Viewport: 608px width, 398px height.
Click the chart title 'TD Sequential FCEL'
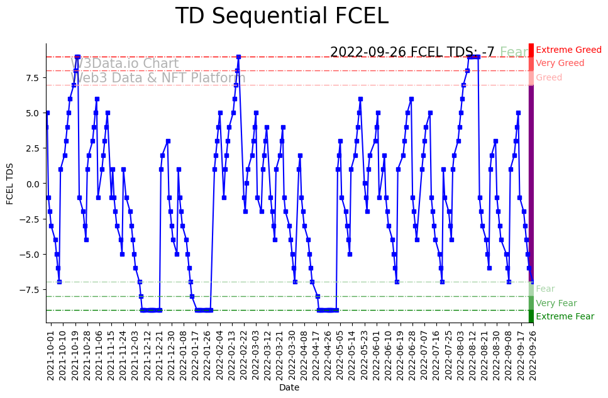coord(282,16)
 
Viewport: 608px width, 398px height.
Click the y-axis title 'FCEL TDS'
coord(10,183)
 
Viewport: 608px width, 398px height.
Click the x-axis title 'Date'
coord(289,388)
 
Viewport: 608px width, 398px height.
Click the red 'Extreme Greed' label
coord(568,50)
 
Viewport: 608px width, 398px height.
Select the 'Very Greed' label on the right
coord(560,64)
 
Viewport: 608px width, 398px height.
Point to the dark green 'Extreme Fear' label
coord(565,317)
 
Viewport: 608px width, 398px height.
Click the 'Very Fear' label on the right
coord(556,304)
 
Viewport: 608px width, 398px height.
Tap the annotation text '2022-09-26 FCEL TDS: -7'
coord(412,52)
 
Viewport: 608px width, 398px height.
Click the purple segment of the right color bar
coord(531,182)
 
